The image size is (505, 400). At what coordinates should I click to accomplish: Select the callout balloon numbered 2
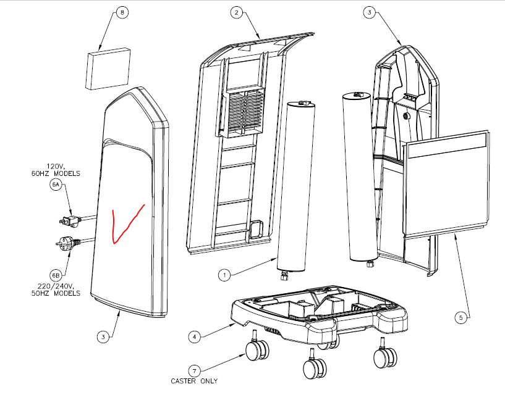point(236,12)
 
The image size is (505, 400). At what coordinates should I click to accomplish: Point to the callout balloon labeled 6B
point(56,273)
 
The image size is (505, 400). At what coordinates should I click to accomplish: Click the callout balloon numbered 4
point(194,336)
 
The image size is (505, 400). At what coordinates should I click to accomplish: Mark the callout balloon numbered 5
point(460,318)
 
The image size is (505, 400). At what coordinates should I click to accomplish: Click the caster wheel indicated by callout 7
point(257,351)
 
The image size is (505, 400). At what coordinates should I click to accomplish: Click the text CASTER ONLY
point(194,381)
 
